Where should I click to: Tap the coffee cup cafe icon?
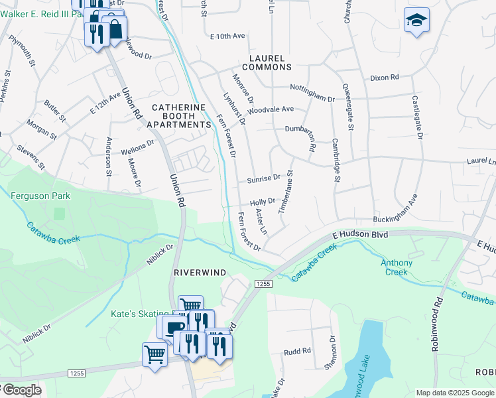[x=175, y=328]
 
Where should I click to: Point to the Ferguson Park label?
[x=40, y=196]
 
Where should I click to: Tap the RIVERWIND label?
[x=200, y=273]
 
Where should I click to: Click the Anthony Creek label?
[x=397, y=267]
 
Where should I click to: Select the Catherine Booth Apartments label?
[x=178, y=115]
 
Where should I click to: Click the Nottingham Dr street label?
[x=312, y=93]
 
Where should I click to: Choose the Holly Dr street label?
[x=262, y=201]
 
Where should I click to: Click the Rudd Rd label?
[x=297, y=352]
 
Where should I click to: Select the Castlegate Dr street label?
[x=418, y=117]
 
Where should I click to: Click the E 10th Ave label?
[x=227, y=36]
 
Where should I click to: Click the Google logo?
[x=21, y=390]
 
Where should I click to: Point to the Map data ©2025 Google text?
[x=454, y=393]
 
